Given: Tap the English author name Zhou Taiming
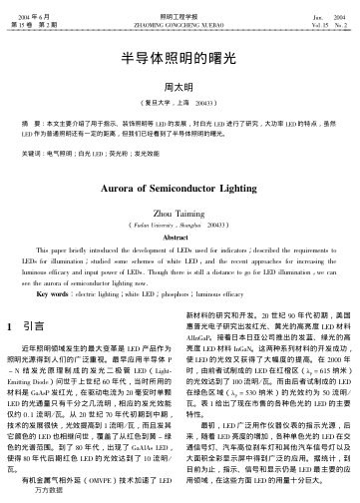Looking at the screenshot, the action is coord(180,212).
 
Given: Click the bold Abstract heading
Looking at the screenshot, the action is coord(180,237).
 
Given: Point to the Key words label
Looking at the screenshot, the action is coord(48,295).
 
